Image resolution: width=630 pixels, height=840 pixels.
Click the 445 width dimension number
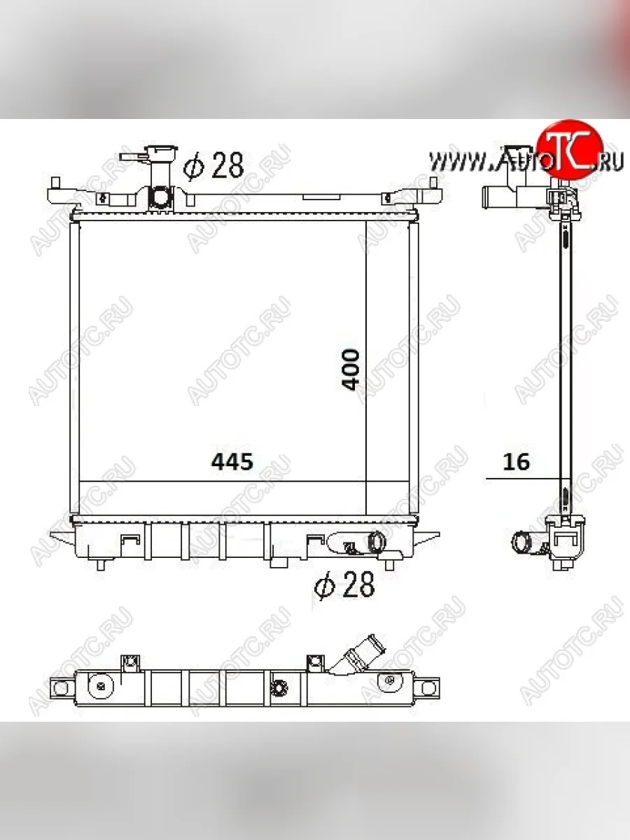232,461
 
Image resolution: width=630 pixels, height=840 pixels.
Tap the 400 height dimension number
351,370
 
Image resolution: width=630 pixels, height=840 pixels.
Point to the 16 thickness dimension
517,461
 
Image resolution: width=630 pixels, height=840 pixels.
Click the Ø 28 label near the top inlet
213,165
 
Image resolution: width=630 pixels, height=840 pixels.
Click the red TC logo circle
570,150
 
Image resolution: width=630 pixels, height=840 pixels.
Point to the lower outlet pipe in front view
377,542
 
